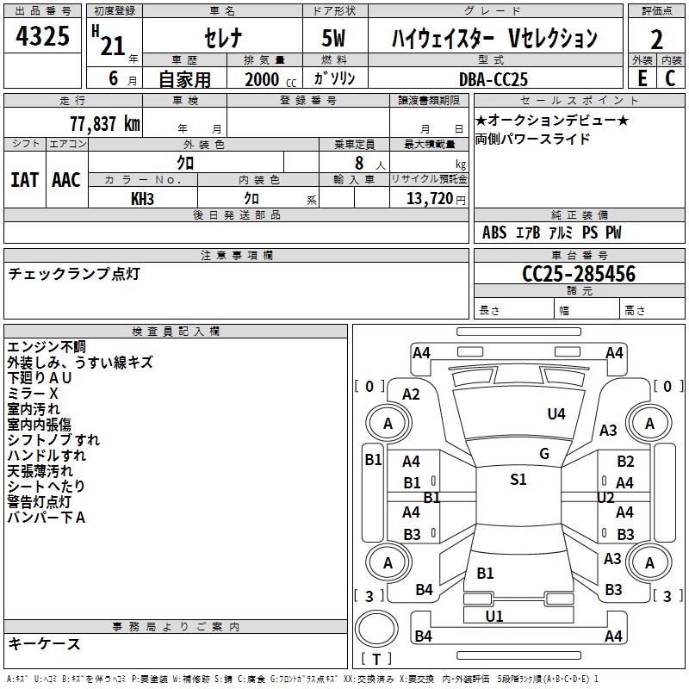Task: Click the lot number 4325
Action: [43, 40]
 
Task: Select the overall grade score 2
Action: [656, 40]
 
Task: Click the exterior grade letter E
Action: [642, 78]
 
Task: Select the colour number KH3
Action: [142, 198]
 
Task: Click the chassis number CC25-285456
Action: [579, 274]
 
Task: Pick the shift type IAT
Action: [24, 180]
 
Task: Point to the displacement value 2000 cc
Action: [268, 79]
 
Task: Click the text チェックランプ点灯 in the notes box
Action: [73, 274]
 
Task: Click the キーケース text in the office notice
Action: [44, 643]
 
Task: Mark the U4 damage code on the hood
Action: [556, 414]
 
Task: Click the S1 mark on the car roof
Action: [518, 480]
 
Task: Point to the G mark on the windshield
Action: [543, 454]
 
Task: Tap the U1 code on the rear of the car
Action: [494, 616]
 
